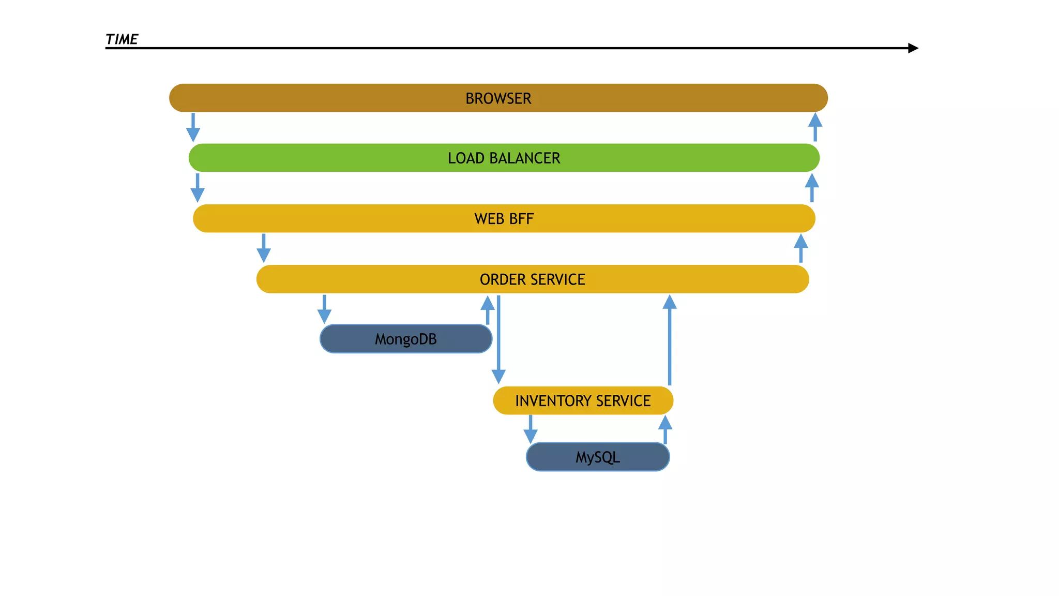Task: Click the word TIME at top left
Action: click(x=122, y=39)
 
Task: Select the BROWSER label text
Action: click(x=498, y=98)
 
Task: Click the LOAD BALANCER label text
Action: click(x=504, y=158)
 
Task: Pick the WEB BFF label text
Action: click(x=504, y=219)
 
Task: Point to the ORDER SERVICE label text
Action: click(x=532, y=279)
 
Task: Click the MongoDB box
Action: click(x=406, y=339)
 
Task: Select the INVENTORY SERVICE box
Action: click(x=583, y=400)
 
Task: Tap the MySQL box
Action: click(x=598, y=457)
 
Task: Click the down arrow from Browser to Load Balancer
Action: click(x=193, y=128)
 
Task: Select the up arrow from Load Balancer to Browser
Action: click(x=815, y=127)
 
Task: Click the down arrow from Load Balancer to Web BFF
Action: click(x=198, y=188)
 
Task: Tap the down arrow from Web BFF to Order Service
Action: click(x=264, y=248)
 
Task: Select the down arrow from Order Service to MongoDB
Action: click(x=324, y=309)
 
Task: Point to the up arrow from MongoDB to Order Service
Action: click(x=487, y=309)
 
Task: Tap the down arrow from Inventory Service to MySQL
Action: click(x=531, y=429)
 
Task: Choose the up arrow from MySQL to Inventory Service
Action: click(x=665, y=429)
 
